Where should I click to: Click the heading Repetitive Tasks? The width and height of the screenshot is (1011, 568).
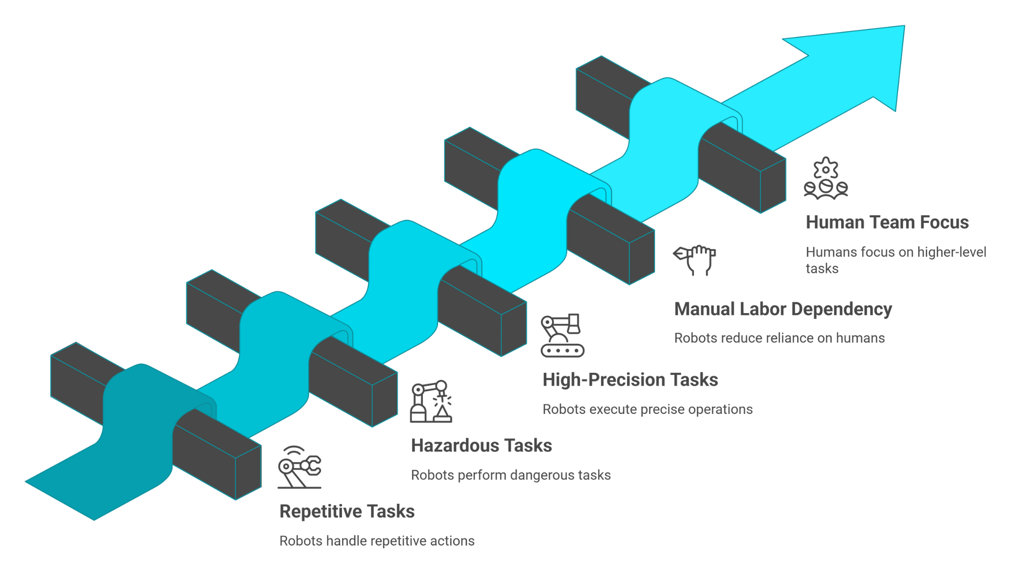click(x=347, y=511)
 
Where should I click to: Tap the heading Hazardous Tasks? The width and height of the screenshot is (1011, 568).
click(x=481, y=446)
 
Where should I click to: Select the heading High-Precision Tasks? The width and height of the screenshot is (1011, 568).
click(x=630, y=380)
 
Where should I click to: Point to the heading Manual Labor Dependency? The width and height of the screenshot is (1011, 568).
click(x=782, y=309)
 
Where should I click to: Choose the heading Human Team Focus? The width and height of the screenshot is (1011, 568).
click(x=887, y=222)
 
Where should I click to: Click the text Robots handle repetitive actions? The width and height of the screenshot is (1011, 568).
click(x=376, y=541)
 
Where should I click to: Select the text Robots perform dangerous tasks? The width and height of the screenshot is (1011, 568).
click(x=510, y=475)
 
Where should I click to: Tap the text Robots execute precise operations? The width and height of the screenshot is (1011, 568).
click(x=647, y=409)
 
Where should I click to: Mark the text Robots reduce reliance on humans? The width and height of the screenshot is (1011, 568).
click(x=779, y=338)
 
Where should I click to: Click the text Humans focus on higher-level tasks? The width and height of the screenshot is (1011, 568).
click(x=895, y=260)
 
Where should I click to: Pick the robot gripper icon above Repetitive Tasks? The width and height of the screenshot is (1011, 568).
click(x=299, y=467)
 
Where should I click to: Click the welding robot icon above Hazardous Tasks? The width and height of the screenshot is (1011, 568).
click(x=431, y=401)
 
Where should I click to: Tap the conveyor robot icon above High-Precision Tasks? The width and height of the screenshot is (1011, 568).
click(x=562, y=335)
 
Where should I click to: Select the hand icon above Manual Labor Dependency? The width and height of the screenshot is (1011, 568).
click(x=695, y=260)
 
